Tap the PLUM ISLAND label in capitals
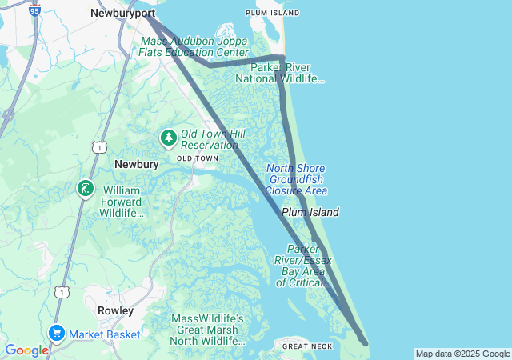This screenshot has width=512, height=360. (273, 13)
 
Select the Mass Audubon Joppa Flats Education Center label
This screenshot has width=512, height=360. (195, 46)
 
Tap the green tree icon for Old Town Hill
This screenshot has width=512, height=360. (168, 138)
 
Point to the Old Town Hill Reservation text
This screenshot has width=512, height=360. (210, 139)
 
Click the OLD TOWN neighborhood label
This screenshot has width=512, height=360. (198, 158)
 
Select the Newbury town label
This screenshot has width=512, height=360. (132, 163)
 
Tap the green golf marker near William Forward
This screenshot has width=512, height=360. (85, 189)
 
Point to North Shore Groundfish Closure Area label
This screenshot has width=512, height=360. (296, 179)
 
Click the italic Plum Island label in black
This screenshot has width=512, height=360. (310, 212)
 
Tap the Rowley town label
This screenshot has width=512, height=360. (115, 310)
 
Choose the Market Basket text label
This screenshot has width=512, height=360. (104, 334)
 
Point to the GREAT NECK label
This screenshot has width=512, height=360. (306, 346)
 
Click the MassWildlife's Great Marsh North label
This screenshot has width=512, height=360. (208, 330)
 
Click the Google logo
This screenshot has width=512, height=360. (26, 350)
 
